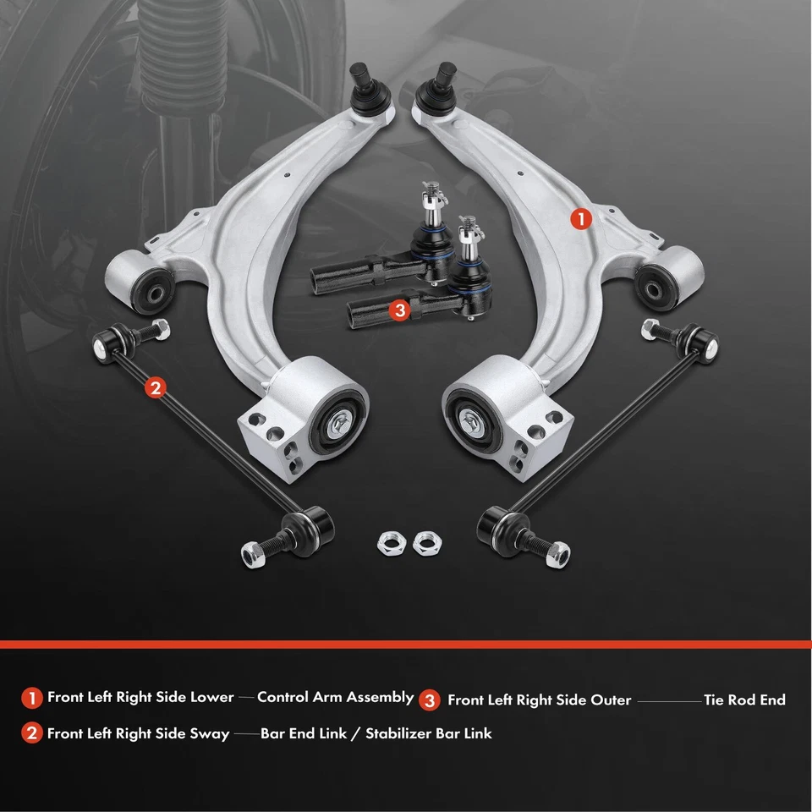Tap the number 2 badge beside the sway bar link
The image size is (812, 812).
coord(154,387)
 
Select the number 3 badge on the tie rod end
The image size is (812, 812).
coord(400,310)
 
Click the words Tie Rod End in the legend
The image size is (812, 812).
coord(744,700)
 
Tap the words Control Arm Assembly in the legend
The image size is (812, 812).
coord(335,698)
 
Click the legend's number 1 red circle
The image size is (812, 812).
coord(32,699)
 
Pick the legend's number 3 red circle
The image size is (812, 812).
coord(431,700)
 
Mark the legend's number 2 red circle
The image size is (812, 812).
coord(32,733)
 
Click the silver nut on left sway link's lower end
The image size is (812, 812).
coord(251,555)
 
